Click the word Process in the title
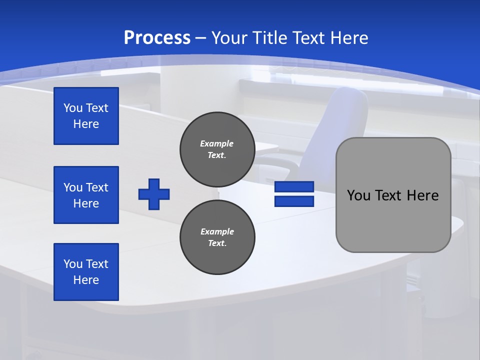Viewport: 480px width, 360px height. pos(157,38)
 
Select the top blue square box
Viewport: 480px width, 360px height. pos(86,116)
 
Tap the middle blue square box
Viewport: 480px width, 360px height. pos(86,195)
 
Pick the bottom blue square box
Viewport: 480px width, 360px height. pos(86,272)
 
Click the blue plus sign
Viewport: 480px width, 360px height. pos(154,194)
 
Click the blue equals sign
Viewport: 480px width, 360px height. pos(294,194)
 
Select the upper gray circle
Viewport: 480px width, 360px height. pos(217,149)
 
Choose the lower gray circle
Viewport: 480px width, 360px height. pos(217,237)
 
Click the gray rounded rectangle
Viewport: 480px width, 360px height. pos(393,195)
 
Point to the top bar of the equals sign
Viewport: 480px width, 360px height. pos(294,187)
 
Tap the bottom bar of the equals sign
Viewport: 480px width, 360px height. pos(294,201)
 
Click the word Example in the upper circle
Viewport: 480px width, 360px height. pos(216,143)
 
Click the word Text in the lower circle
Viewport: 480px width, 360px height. pos(216,243)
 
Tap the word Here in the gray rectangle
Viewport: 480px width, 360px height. pos(422,195)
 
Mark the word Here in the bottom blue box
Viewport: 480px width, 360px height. pos(86,280)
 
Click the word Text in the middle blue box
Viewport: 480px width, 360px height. pos(97,187)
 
